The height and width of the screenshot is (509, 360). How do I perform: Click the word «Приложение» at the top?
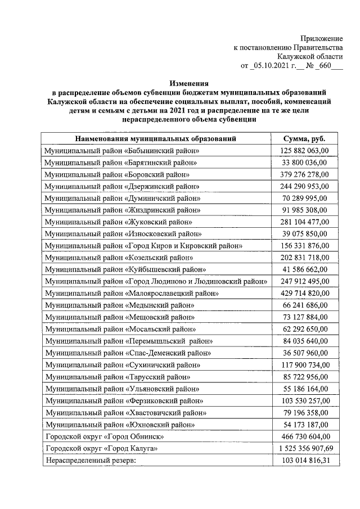[x=322, y=38]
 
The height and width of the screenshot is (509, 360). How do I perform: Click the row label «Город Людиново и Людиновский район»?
[x=157, y=281]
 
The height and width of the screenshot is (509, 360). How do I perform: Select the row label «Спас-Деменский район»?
[x=129, y=353]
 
